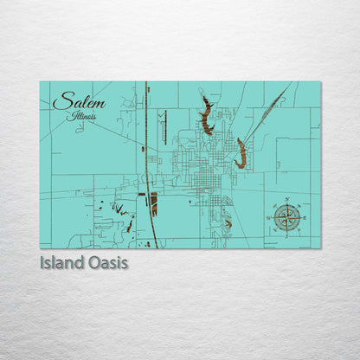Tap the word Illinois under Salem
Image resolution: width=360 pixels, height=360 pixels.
(86, 116)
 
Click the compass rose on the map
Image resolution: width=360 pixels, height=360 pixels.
(286, 217)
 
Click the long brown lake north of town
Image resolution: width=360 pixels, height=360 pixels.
(206, 117)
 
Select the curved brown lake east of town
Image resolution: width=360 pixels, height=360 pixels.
(241, 154)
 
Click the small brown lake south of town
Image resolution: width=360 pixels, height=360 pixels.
(228, 223)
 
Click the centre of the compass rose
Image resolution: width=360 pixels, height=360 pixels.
(286, 217)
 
